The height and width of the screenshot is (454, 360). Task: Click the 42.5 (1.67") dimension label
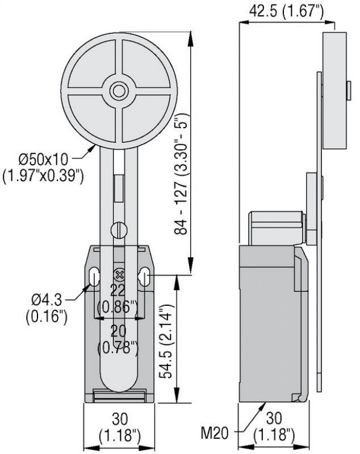point(286,11)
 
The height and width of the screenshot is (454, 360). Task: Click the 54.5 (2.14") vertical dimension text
point(168,341)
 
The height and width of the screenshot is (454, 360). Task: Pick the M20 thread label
point(215,433)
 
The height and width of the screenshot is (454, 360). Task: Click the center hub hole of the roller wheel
point(118,91)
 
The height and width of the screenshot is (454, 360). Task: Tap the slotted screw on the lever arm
point(119,230)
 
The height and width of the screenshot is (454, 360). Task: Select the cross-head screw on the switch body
point(119,275)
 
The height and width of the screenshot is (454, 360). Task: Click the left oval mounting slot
point(93,278)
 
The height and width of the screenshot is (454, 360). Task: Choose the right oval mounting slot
point(144,278)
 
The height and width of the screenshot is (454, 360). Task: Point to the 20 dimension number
point(118,331)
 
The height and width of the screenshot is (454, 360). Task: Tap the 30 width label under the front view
point(120,418)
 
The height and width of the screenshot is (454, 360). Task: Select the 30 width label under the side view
point(274,418)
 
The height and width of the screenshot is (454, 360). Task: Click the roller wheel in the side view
point(334,90)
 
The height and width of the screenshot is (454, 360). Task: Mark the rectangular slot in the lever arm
point(119,188)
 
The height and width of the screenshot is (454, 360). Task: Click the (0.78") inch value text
point(118,347)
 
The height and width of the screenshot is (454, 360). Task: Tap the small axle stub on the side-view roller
point(349,90)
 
